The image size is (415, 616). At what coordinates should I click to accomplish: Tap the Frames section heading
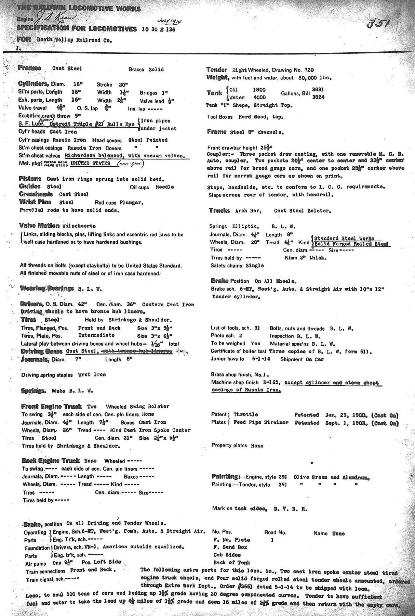point(30,68)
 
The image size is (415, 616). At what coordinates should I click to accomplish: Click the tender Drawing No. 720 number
point(309,70)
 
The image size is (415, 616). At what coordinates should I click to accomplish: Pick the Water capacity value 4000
point(260,97)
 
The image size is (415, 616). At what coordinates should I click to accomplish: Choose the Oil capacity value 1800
point(259,90)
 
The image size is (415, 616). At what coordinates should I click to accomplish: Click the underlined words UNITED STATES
point(90,163)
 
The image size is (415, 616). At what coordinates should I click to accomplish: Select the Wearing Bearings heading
point(47,288)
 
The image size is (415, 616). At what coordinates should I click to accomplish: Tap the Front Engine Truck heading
point(51,406)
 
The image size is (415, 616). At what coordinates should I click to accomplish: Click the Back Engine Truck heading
point(51,461)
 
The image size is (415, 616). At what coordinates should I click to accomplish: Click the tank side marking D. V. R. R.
point(290,509)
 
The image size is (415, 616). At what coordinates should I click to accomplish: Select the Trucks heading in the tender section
point(219,210)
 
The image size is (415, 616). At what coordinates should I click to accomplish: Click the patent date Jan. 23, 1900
point(346,415)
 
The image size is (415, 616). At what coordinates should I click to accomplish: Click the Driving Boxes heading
point(42,351)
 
